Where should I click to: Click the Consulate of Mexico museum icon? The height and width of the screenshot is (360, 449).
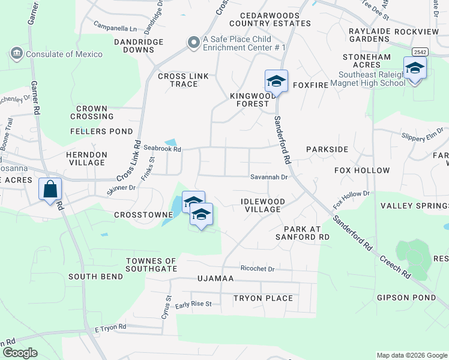coord(16,54)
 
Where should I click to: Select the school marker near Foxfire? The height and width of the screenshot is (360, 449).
coord(276,81)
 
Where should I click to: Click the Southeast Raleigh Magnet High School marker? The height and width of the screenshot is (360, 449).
coord(415,68)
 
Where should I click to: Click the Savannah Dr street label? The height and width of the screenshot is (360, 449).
coord(270,177)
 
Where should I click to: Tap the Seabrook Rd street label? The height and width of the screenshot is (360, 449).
coord(161,149)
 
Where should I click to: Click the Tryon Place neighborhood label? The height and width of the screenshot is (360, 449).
coord(263,298)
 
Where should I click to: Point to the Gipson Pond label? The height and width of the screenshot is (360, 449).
coord(406,298)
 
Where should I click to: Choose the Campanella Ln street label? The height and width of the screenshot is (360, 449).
coord(115,27)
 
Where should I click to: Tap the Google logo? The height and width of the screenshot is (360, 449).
coord(19,353)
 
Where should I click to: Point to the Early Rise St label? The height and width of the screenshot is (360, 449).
coord(193,305)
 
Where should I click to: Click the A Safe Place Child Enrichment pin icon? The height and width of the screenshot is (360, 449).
coord(193,43)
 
